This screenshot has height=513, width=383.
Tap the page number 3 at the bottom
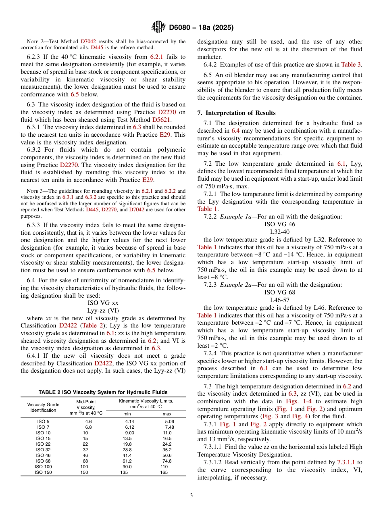191,496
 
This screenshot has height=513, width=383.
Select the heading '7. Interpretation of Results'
236,113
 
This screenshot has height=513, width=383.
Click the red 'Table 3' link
351,65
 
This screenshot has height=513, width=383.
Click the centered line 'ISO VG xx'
103,303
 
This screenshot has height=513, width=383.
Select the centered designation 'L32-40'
280,231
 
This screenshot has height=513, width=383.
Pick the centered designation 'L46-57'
280,300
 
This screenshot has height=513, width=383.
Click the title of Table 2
103,392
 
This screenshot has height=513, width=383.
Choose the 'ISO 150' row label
43,472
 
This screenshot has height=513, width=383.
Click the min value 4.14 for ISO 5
129,421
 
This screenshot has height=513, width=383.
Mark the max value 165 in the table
164,472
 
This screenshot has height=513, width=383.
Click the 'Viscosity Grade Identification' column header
43,407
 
